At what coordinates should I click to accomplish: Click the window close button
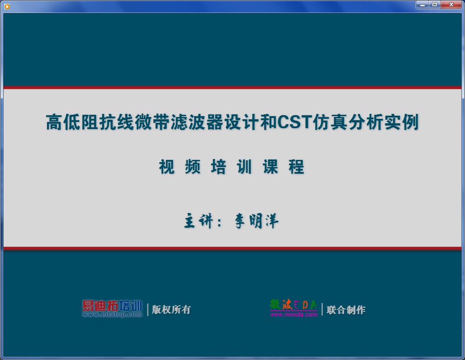(451, 4)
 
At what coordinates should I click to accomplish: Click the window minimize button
(422, 4)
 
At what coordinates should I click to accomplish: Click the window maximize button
(434, 4)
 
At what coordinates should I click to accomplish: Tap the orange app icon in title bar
(7, 6)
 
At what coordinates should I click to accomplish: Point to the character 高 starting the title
(54, 122)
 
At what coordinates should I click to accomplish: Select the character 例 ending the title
(410, 122)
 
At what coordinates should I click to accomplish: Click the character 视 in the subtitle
(167, 167)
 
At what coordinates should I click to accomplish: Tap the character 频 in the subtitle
(193, 167)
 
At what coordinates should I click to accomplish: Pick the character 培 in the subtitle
(219, 167)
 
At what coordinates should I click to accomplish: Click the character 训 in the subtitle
(245, 167)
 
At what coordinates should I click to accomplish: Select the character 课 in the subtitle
(271, 167)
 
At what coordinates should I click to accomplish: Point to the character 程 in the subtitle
(296, 167)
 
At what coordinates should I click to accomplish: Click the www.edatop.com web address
(112, 315)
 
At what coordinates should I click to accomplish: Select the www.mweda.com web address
(294, 315)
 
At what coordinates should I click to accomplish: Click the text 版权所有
(171, 310)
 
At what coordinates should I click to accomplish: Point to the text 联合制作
(346, 310)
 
